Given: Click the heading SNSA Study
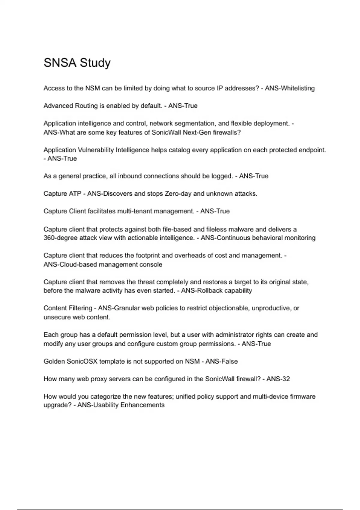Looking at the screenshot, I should pos(77,63).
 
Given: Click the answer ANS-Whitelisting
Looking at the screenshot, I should pos(290,88).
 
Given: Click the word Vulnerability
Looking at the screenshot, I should pos(96,150).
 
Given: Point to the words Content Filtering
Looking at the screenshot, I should pos(68,308).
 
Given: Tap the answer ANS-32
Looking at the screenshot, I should pos(278,379).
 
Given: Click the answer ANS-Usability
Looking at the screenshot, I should pos(98,405).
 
